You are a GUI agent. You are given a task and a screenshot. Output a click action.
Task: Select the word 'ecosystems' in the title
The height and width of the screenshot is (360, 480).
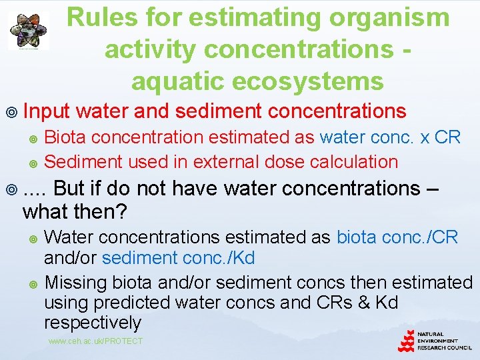pyautogui.click(x=257, y=81)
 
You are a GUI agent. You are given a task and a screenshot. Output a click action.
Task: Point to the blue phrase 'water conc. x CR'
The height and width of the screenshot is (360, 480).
pyautogui.click(x=390, y=137)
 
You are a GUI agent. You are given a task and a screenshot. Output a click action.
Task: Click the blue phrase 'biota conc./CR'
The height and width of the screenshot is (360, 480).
pyautogui.click(x=397, y=237)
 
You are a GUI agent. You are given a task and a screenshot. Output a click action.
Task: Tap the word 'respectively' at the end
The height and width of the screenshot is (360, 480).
pyautogui.click(x=93, y=323)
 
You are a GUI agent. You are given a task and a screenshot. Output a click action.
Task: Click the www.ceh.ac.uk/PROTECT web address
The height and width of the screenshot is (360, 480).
pyautogui.click(x=95, y=341)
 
